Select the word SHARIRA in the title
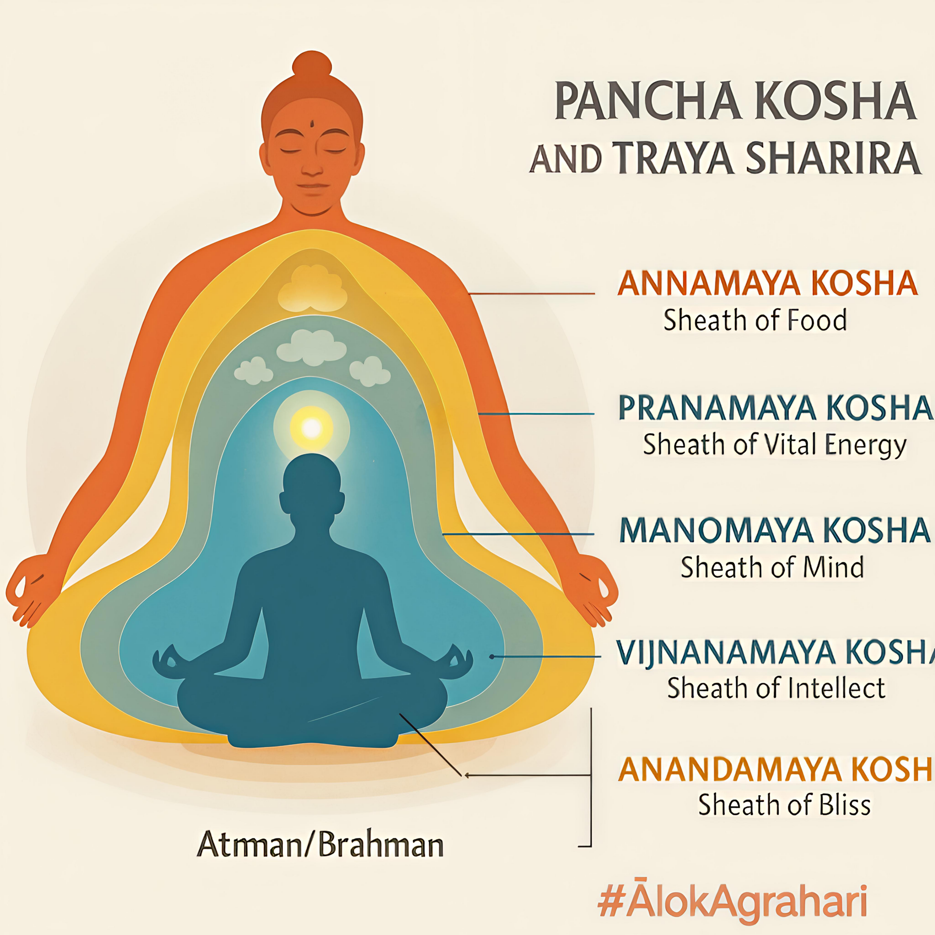tap(832, 158)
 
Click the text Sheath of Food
tap(755, 320)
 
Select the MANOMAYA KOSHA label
tap(774, 530)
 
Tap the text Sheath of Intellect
tap(776, 687)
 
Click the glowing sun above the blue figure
tap(312, 427)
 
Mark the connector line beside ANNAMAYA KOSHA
tap(531, 293)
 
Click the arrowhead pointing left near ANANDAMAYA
tap(467, 775)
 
